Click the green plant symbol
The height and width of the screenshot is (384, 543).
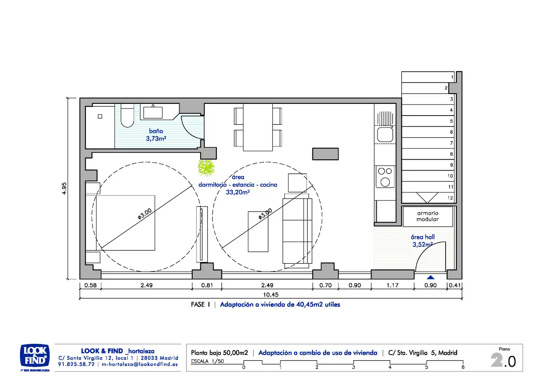click(206, 167)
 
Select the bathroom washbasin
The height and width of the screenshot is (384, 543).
click(153, 112)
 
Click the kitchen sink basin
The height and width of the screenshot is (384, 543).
click(385, 135)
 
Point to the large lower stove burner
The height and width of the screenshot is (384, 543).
click(385, 182)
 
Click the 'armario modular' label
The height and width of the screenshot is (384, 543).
click(428, 216)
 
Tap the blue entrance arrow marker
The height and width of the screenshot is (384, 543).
click(430, 277)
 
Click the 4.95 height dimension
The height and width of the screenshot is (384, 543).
click(64, 188)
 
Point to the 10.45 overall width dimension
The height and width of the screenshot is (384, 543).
click(271, 295)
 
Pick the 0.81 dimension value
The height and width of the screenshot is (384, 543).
click(207, 285)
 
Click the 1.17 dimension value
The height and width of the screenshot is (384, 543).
click(392, 285)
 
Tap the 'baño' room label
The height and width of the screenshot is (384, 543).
click(156, 131)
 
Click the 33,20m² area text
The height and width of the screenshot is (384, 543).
click(238, 192)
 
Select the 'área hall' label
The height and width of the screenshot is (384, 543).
click(423, 237)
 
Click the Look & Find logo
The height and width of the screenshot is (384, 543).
click(35, 356)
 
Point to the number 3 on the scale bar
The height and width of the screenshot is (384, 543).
click(354, 367)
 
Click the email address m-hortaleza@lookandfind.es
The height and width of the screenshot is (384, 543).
click(140, 364)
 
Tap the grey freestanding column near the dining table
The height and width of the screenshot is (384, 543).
click(325, 154)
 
